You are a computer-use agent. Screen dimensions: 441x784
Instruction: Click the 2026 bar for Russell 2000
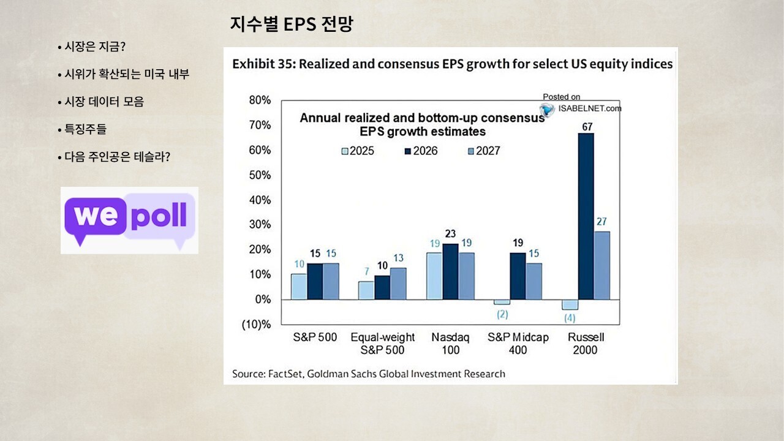(586, 216)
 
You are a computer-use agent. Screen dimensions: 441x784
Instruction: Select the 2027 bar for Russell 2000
(602, 265)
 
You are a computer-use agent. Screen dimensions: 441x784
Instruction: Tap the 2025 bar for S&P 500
(299, 286)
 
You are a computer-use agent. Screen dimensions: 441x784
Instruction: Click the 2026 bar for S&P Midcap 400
(518, 276)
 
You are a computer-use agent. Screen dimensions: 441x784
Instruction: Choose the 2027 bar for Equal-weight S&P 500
(398, 284)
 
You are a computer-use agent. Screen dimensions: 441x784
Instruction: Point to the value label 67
(586, 127)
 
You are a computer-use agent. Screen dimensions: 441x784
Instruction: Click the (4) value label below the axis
(570, 318)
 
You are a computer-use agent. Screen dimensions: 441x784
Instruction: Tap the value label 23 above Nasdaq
(451, 234)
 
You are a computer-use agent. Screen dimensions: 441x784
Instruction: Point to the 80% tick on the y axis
(260, 100)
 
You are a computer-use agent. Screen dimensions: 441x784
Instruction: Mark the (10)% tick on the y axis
(256, 324)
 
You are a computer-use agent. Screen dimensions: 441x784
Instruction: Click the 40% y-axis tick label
(260, 200)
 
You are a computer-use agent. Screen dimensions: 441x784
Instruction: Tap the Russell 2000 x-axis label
(586, 344)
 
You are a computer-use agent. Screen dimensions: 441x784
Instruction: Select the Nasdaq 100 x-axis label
(450, 344)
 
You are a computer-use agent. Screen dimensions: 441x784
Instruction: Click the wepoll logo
(130, 220)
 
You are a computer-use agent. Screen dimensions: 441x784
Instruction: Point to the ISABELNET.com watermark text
(589, 108)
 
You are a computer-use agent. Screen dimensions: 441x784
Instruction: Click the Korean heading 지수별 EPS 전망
(292, 24)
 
